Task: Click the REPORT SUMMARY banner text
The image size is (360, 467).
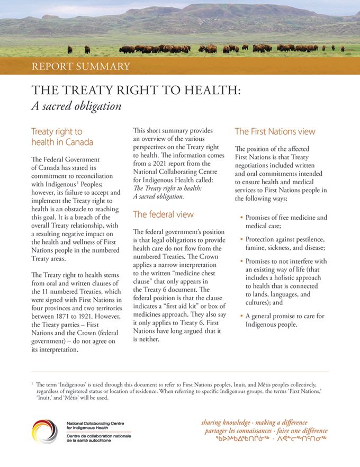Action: (x=80, y=66)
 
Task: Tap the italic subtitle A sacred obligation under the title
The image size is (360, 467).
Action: (x=76, y=105)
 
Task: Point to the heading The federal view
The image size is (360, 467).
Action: (x=163, y=214)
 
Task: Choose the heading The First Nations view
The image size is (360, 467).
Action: (x=275, y=131)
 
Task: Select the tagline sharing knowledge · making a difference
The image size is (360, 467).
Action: (x=254, y=423)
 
